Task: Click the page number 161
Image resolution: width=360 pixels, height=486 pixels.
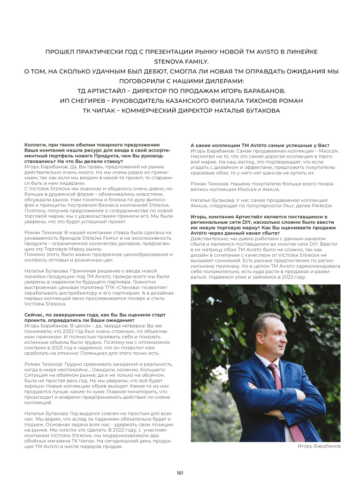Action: pyautogui.click(x=180, y=472)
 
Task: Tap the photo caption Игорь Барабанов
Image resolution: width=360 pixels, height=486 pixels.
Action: pyautogui.click(x=319, y=446)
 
